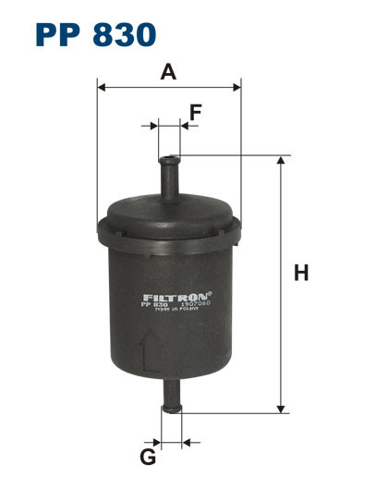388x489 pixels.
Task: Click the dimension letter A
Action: (167, 71)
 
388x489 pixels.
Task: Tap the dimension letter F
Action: (195, 112)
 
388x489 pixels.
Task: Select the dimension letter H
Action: (299, 274)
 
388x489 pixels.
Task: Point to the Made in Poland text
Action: (176, 312)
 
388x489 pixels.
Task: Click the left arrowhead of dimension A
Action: (101, 88)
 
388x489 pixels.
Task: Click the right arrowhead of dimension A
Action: (236, 88)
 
